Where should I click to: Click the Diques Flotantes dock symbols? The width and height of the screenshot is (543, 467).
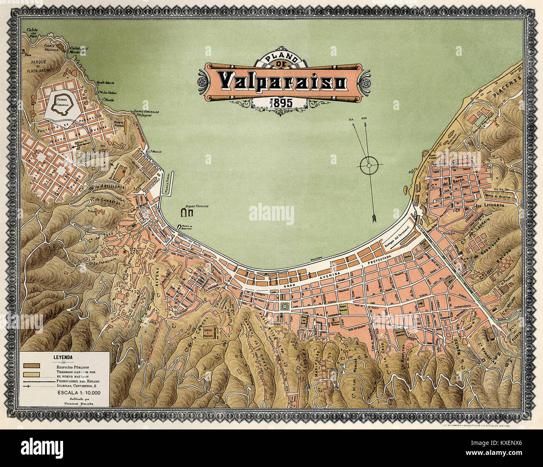point(186,213)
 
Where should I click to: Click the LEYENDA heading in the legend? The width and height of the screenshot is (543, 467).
point(63,357)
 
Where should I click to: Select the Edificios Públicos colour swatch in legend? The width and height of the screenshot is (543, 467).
point(32,366)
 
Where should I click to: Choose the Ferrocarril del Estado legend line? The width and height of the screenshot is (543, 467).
point(38,381)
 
